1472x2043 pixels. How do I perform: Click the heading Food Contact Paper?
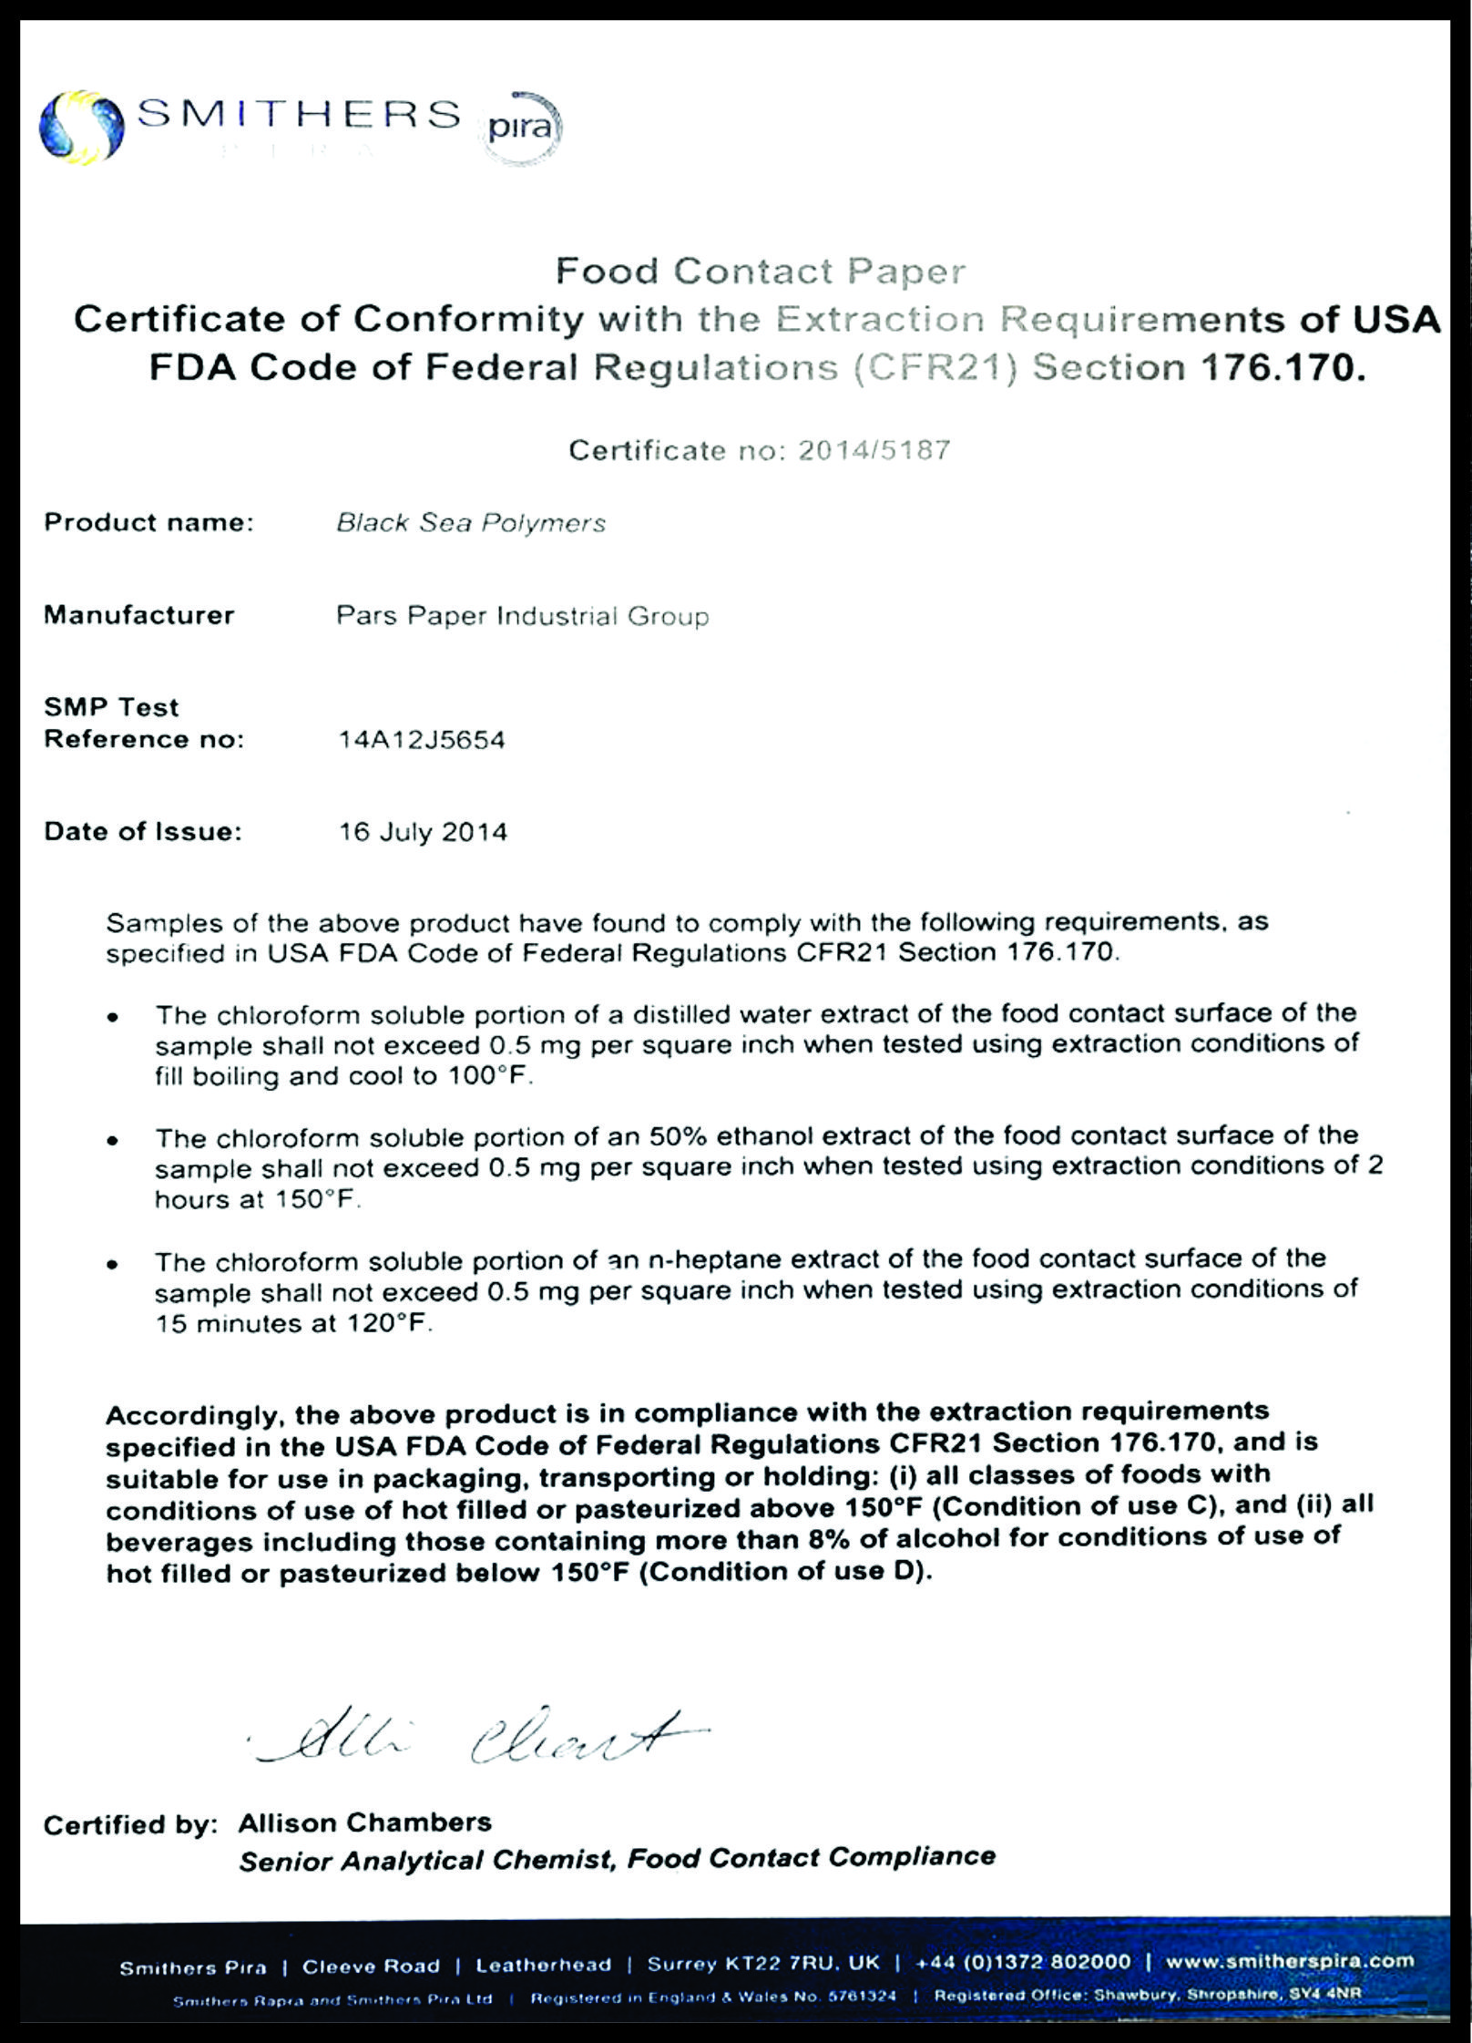point(760,272)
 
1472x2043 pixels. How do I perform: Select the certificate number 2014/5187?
point(874,450)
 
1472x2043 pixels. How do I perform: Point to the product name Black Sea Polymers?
point(471,523)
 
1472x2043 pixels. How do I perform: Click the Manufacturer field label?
point(139,615)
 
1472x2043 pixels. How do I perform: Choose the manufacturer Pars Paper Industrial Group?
point(522,616)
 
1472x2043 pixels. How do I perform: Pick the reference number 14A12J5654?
point(421,739)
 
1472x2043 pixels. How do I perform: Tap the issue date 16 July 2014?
point(423,832)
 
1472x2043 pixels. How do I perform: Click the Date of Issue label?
point(143,831)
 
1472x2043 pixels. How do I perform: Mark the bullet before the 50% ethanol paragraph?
point(112,1140)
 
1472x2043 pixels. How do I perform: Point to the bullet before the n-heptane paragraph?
point(112,1265)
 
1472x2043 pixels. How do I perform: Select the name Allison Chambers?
point(364,1822)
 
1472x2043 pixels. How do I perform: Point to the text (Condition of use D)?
point(785,1572)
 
